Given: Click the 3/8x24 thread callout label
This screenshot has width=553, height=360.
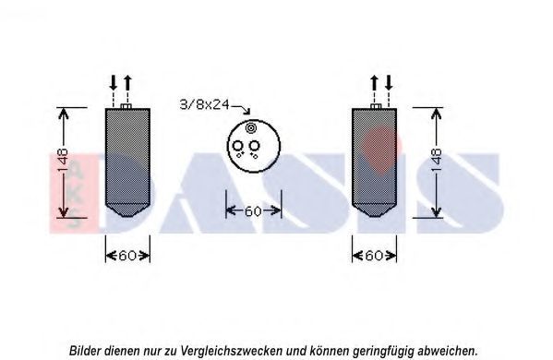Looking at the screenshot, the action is click(x=205, y=104).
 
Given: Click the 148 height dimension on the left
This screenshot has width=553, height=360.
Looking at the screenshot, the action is click(x=63, y=161).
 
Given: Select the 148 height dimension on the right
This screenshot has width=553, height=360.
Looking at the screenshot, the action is click(x=437, y=161).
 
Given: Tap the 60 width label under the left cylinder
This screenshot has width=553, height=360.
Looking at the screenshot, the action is click(x=127, y=256).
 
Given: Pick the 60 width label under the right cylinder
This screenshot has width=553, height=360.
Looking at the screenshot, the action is click(x=374, y=256).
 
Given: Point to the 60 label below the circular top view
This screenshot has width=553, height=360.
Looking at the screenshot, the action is click(x=253, y=211).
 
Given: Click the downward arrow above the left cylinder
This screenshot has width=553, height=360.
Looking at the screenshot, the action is click(x=114, y=82).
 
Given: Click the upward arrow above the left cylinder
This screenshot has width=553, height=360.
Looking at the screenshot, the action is click(x=127, y=82).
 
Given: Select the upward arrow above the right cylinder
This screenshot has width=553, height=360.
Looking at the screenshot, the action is click(x=374, y=82).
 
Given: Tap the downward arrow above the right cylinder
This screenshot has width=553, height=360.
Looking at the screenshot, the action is click(x=389, y=82).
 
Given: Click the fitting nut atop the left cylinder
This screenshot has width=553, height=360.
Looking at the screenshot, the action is click(x=126, y=106).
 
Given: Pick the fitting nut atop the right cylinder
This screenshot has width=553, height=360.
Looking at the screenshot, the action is click(x=376, y=106).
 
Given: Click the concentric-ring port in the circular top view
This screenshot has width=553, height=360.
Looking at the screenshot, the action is click(x=250, y=128).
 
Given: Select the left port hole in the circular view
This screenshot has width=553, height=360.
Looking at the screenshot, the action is click(x=237, y=146).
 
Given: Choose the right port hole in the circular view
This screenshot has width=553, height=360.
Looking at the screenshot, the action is click(x=254, y=145).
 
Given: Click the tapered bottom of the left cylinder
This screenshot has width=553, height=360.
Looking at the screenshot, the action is click(x=127, y=210).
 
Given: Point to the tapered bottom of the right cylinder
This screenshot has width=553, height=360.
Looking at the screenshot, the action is click(x=374, y=210).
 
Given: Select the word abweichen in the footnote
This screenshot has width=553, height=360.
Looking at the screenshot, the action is click(x=445, y=351).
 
